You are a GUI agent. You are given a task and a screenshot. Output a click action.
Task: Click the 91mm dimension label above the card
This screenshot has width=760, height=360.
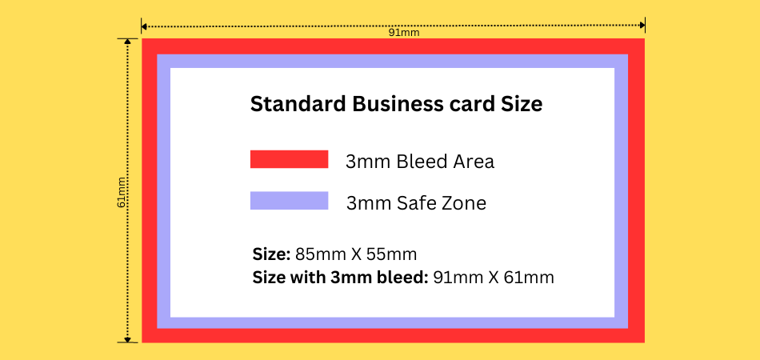404,33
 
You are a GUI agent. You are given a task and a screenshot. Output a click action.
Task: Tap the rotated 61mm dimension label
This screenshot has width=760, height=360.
122,192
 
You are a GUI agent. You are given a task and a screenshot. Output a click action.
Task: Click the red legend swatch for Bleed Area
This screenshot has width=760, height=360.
289,159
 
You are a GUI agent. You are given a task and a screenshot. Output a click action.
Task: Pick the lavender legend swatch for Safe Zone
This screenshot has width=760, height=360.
289,201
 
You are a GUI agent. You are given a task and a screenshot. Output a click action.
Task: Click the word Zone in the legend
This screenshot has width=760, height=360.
464,203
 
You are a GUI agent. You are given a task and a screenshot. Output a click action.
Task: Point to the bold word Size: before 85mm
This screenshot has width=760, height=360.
271,254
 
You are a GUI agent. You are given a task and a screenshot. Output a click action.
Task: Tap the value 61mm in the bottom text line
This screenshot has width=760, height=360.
529,278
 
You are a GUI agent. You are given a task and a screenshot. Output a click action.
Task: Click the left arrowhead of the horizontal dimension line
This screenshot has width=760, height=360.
144,25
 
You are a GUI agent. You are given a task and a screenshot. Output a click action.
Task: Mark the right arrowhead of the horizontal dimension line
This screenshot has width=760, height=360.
642,25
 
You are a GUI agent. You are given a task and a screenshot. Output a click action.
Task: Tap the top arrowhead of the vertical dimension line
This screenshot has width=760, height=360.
127,42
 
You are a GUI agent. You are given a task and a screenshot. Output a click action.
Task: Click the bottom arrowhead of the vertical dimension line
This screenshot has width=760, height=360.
127,340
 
